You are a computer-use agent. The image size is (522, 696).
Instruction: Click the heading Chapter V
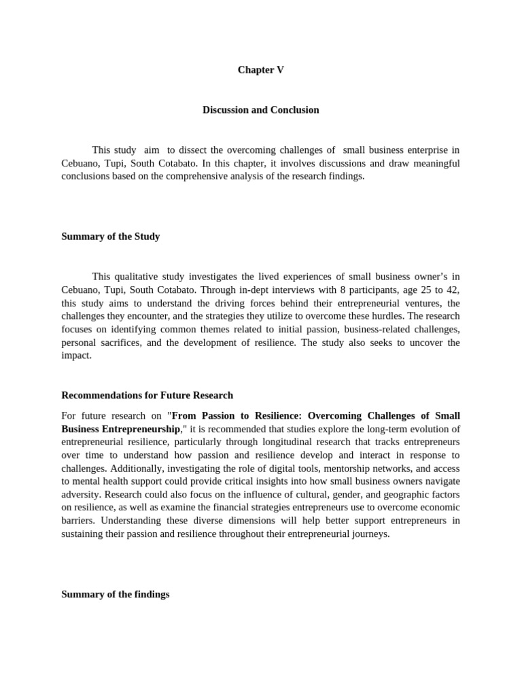(260, 70)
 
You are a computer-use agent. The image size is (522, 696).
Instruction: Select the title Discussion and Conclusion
(260, 109)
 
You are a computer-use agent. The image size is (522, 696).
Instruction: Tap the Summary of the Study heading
(111, 237)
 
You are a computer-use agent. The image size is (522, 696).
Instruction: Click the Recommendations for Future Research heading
(147, 395)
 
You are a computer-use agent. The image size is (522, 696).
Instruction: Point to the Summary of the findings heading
(115, 594)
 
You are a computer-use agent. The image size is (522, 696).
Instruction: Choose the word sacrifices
(121, 342)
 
